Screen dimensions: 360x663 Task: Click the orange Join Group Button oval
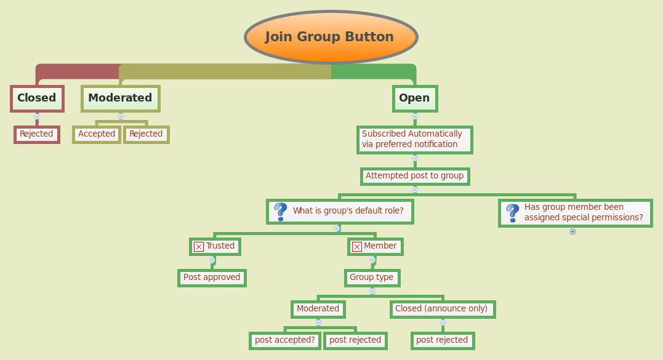pos(331,37)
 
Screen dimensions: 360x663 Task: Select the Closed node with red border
pos(37,98)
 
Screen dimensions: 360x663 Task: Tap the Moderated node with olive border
pos(120,98)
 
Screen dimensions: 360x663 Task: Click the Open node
pos(414,98)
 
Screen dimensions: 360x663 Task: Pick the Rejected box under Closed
pos(37,134)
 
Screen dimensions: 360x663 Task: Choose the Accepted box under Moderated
pos(96,134)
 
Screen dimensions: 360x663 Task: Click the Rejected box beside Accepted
pos(146,134)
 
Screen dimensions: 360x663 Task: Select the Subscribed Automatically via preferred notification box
pos(414,139)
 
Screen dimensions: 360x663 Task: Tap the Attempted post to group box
pos(414,176)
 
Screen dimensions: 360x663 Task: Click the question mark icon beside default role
pos(280,212)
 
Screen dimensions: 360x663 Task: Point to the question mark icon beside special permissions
pos(512,213)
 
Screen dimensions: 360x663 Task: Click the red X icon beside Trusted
pos(199,247)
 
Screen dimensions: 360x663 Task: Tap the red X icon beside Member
pos(356,247)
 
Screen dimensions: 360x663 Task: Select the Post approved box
pos(212,278)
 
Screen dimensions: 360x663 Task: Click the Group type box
pos(372,278)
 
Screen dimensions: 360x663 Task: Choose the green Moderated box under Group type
pos(318,309)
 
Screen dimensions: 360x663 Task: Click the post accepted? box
pos(285,340)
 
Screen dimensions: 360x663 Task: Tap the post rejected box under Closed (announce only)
pos(442,340)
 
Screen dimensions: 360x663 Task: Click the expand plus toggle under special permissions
pos(573,232)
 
